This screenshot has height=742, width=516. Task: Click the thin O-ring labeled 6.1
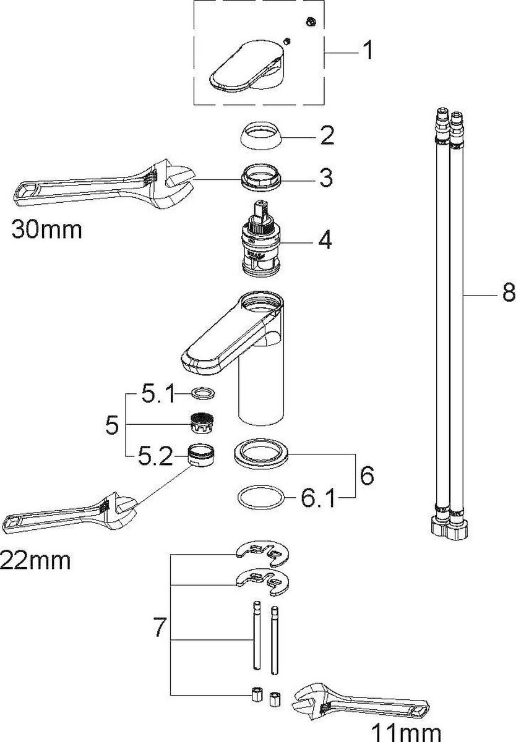click(262, 497)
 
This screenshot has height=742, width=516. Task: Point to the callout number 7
click(159, 628)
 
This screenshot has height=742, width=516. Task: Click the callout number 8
click(507, 292)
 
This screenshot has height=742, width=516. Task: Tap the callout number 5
click(111, 425)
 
